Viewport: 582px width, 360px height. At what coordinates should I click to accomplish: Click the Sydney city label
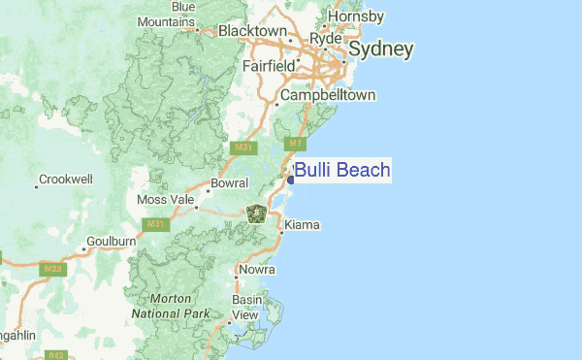(x=380, y=49)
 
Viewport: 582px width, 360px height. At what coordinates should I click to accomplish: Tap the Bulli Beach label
(x=342, y=172)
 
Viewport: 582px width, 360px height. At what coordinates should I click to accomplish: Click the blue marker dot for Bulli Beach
(x=290, y=180)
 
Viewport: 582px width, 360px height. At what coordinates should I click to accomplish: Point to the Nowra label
(x=257, y=269)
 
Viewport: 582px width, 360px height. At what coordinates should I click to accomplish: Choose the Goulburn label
(x=111, y=241)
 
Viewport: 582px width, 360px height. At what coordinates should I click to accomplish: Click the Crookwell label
(x=66, y=180)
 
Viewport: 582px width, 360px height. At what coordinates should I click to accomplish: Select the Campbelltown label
(x=328, y=96)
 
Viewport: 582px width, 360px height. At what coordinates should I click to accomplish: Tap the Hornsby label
(x=357, y=16)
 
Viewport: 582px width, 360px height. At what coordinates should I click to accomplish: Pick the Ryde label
(x=326, y=38)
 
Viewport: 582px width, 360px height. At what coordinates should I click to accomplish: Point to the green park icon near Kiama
(x=257, y=213)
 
